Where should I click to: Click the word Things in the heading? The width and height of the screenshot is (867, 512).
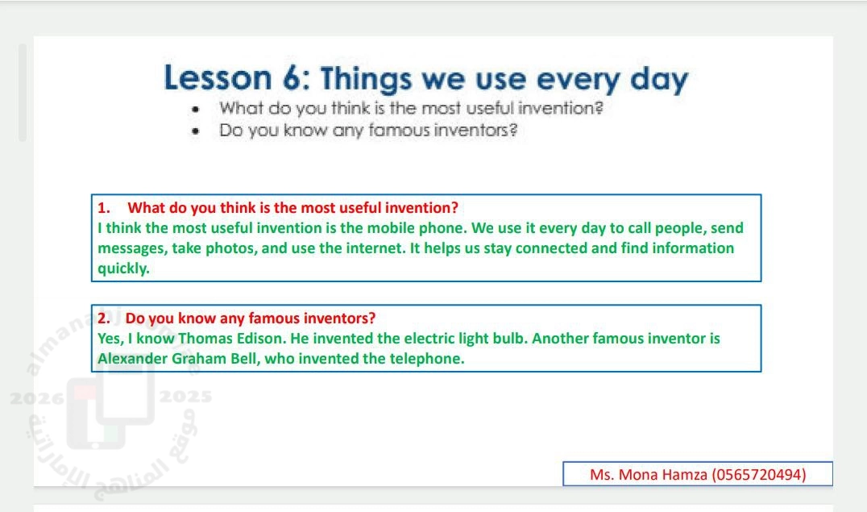(366, 80)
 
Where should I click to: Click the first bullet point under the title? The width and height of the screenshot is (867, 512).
(195, 110)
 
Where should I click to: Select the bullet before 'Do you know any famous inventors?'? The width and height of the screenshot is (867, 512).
(195, 131)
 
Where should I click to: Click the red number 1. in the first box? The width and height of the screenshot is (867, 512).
(103, 208)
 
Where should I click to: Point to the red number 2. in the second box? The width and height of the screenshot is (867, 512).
(104, 318)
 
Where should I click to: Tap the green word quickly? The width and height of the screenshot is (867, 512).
(123, 268)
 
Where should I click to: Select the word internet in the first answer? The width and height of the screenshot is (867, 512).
(375, 248)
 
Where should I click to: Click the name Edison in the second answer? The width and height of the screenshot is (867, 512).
(261, 338)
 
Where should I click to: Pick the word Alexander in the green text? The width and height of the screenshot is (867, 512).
(133, 359)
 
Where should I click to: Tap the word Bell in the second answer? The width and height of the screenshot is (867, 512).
(243, 359)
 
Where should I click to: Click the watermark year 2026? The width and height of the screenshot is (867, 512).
(37, 398)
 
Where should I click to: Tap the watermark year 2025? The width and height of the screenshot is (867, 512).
(186, 397)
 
